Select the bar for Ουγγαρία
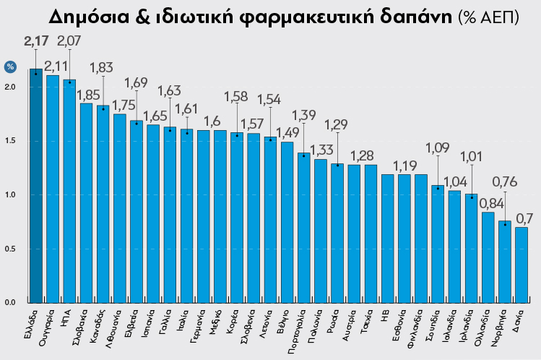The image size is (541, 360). click(52, 189)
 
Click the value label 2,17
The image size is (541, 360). click(35, 40)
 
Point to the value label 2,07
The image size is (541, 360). click(69, 41)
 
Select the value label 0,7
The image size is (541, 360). click(524, 218)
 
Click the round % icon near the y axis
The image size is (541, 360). click(11, 67)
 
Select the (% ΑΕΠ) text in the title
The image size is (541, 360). click(488, 17)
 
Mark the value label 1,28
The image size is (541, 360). click(363, 156)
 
